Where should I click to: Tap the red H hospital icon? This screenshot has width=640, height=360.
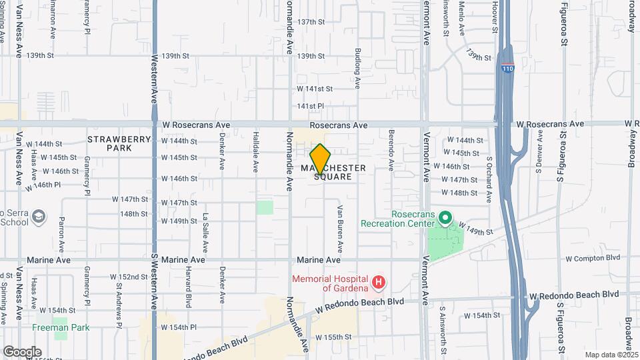379,282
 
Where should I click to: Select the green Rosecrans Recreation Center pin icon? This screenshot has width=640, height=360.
446,218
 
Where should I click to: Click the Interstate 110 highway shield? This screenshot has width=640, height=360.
508,68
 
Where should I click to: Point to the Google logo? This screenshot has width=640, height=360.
22,351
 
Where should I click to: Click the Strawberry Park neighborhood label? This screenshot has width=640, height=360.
111,143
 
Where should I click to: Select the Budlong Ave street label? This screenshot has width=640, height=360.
358,69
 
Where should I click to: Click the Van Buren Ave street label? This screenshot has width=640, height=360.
339,227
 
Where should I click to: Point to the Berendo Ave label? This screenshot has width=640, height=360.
391,151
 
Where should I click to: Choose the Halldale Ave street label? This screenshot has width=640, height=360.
255,153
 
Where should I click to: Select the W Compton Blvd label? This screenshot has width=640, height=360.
593,257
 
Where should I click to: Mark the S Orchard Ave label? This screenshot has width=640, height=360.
489,179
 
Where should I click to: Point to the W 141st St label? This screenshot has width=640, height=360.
315,89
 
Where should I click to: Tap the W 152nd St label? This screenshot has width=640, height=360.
129,277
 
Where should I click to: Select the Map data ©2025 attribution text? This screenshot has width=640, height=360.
611,355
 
